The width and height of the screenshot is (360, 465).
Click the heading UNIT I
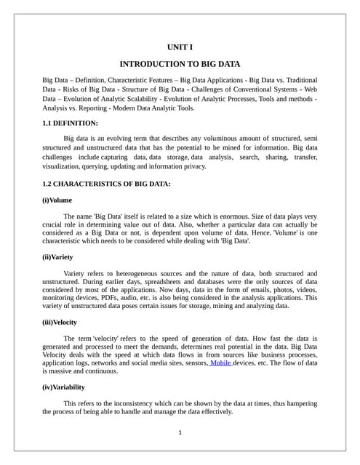[x=180, y=47]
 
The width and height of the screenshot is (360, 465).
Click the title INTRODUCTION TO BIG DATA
[x=180, y=64]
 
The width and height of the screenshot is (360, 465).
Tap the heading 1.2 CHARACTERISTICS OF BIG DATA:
[x=106, y=184]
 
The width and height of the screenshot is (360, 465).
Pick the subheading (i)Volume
[x=57, y=200]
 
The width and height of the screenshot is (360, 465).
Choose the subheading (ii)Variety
[x=57, y=256]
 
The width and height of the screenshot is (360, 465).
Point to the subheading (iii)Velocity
[x=60, y=322]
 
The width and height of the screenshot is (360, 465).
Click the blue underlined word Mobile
[x=220, y=362]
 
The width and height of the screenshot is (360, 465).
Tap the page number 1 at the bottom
[x=180, y=434]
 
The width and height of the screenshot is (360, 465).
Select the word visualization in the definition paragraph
[x=63, y=166]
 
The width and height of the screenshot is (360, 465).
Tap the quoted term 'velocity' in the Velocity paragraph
[x=121, y=339]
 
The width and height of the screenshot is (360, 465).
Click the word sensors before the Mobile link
[x=193, y=362]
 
